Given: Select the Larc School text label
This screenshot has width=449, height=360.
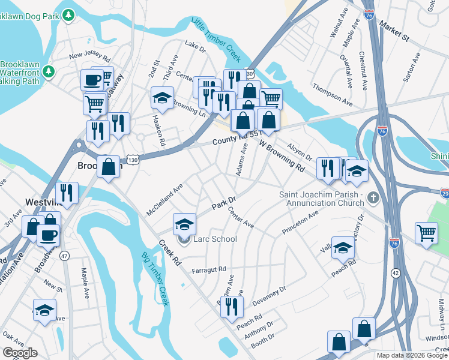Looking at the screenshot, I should (x=215, y=239).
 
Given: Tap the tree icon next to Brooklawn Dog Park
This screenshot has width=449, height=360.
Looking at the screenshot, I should (x=70, y=13).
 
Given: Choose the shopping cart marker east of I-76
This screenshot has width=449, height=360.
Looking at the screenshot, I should (x=426, y=232).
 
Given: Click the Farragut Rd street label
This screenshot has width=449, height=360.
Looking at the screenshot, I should (x=208, y=269).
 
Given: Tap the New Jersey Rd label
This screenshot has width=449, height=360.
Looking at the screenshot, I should (x=90, y=57).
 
